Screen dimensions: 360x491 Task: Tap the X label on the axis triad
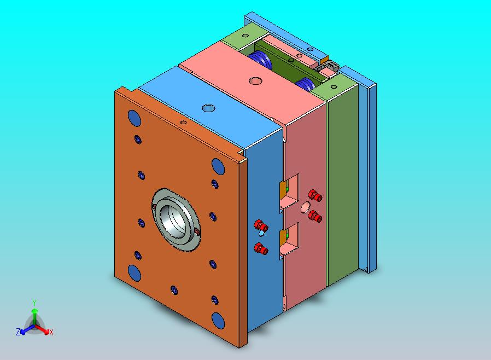[x=51, y=332]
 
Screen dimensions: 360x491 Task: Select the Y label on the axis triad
[x=34, y=303]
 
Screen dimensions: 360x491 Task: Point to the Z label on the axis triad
[x=18, y=332]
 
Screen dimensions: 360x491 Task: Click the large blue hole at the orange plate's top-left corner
[x=133, y=117]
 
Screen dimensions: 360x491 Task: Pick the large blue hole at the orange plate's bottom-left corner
[x=134, y=272]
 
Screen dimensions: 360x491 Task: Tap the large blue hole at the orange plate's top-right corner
[x=218, y=165]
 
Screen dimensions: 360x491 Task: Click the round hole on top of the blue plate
[x=208, y=108]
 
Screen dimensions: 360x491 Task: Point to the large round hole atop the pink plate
[x=255, y=81]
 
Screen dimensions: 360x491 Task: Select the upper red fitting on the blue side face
[x=261, y=225]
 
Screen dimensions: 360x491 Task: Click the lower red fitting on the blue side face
[x=262, y=249]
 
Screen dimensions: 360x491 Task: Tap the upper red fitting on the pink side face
[x=314, y=195]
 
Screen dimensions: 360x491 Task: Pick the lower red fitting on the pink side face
[x=314, y=216]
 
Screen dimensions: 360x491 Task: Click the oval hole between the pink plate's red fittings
[x=305, y=206]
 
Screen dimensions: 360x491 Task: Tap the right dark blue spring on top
[x=305, y=84]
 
